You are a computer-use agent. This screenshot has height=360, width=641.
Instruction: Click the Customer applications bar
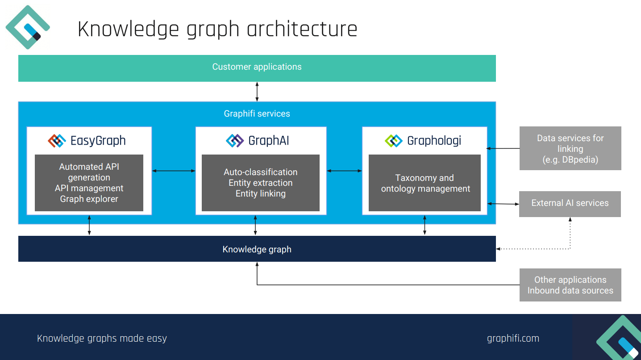(257, 68)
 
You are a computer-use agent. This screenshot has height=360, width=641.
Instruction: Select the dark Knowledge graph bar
(257, 249)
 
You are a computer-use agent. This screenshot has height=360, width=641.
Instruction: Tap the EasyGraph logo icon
(57, 141)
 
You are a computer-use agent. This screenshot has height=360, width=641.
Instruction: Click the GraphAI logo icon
(235, 141)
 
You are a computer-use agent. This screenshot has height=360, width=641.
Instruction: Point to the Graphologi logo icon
(393, 141)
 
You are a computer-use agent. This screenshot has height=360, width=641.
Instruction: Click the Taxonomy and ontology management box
(425, 183)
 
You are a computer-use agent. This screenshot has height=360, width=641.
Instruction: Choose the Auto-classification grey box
(260, 183)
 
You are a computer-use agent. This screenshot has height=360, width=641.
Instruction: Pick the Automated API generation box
(89, 183)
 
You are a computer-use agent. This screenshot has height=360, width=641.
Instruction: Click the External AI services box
(570, 204)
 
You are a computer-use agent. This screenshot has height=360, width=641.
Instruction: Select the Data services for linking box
(570, 148)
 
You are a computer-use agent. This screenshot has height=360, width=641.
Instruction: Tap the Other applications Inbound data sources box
(570, 285)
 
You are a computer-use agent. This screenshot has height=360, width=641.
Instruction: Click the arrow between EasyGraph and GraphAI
(174, 171)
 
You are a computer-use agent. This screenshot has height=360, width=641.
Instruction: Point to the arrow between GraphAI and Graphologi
(344, 171)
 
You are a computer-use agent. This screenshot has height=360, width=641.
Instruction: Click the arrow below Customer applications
(257, 92)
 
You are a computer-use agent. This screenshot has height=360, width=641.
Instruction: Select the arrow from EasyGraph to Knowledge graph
(89, 225)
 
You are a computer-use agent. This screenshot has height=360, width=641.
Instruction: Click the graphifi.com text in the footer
(513, 339)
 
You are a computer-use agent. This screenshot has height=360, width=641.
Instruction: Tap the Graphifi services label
(257, 114)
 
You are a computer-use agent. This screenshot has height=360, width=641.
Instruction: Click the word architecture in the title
(302, 29)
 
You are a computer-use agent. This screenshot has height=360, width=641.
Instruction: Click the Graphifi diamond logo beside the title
(28, 27)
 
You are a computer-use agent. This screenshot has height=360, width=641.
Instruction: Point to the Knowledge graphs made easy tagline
(102, 339)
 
